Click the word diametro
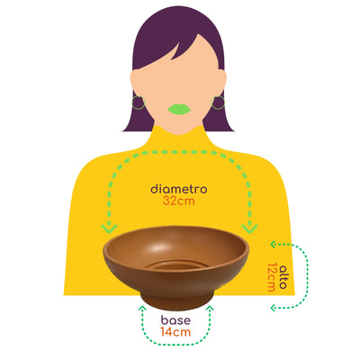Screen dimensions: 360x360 pyautogui.click(x=179, y=189)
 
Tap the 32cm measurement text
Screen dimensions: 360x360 pyautogui.click(x=179, y=201)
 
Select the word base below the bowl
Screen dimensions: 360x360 pyautogui.click(x=175, y=320)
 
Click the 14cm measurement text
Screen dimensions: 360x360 pyautogui.click(x=175, y=332)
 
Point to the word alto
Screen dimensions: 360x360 pyautogui.click(x=283, y=277)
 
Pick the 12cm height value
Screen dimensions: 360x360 pyautogui.click(x=272, y=277)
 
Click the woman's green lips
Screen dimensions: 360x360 pyautogui.click(x=179, y=109)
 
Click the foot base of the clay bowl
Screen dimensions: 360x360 pyautogui.click(x=177, y=302)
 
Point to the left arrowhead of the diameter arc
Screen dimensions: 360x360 pyautogui.click(x=109, y=229)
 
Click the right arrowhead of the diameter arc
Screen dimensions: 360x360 pyautogui.click(x=249, y=229)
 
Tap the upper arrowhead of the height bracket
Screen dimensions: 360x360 pyautogui.click(x=274, y=244)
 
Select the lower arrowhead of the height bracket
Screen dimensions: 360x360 pyautogui.click(x=274, y=308)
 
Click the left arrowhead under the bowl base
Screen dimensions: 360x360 pyautogui.click(x=142, y=309)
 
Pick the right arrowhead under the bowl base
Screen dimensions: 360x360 pyautogui.click(x=210, y=309)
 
